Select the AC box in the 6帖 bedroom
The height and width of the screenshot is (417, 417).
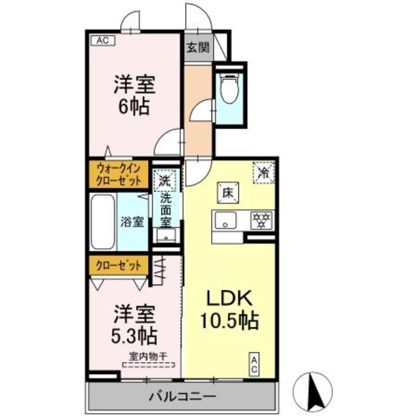102,40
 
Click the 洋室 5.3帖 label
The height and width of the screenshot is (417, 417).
136,324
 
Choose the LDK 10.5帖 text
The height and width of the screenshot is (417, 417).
231,310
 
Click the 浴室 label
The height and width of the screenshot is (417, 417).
133,222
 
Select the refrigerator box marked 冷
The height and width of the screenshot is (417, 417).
263,173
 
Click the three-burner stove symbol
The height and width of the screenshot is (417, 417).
262,220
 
